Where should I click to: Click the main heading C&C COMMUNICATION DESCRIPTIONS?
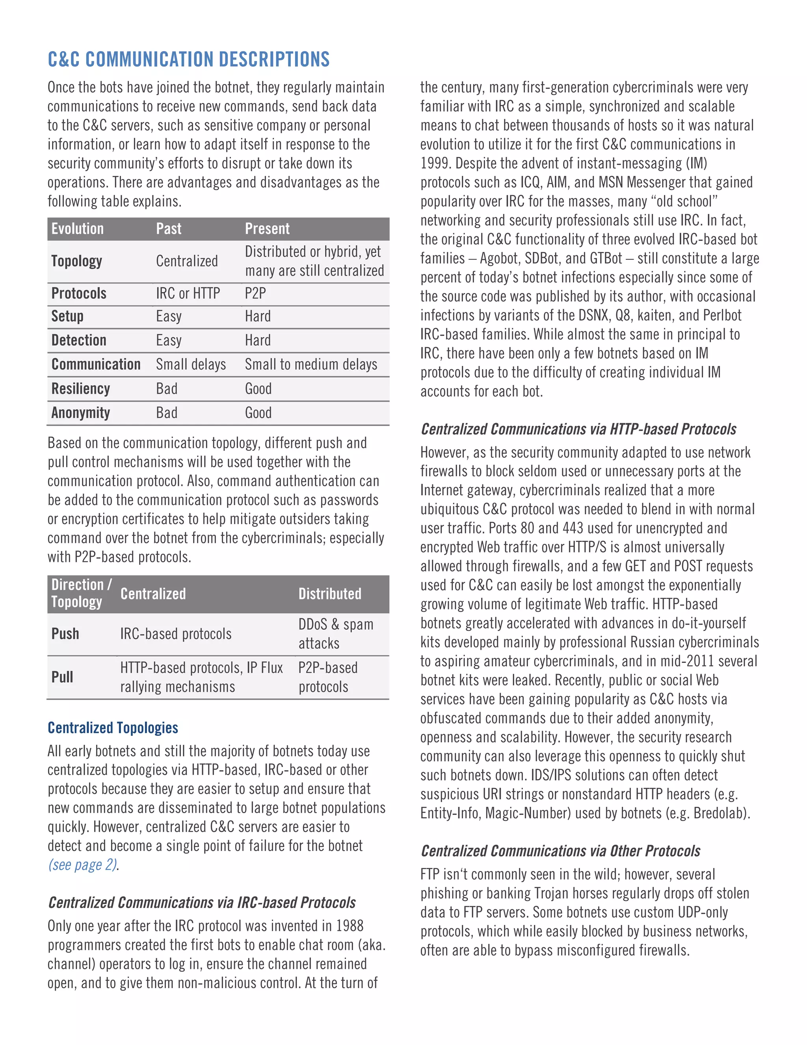click(188, 59)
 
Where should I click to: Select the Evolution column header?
click(78, 229)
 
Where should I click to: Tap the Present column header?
click(267, 229)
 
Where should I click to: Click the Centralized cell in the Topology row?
click(187, 261)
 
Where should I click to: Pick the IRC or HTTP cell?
click(188, 293)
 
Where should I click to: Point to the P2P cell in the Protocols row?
click(255, 293)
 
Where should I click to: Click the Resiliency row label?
click(80, 388)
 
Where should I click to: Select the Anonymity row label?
click(80, 412)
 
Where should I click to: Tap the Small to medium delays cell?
click(311, 365)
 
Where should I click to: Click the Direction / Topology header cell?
click(81, 593)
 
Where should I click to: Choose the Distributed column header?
click(330, 594)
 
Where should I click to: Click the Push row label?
click(65, 634)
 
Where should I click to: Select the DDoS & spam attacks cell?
click(336, 634)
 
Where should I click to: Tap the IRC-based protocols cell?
click(175, 634)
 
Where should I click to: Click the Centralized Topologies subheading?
click(113, 728)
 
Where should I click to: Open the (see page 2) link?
click(83, 865)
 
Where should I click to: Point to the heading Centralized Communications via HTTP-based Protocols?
click(578, 429)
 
